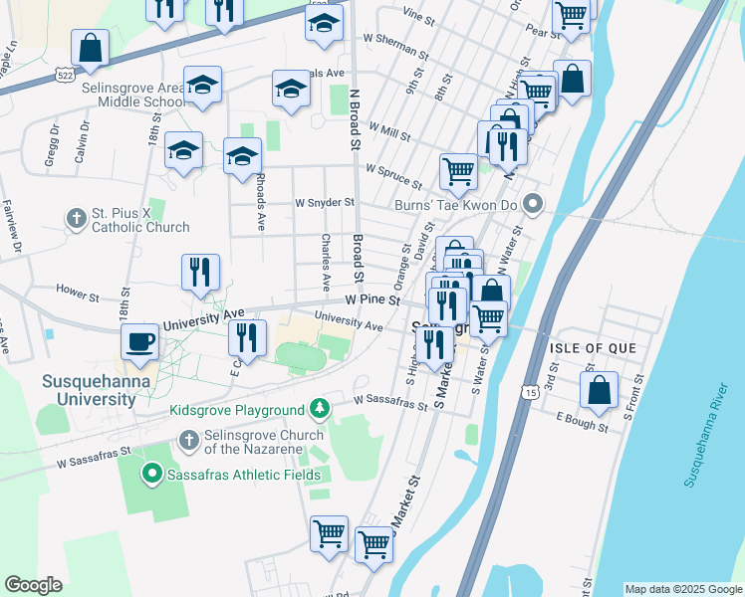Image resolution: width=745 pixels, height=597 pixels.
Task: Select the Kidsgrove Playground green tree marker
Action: pyautogui.click(x=319, y=409)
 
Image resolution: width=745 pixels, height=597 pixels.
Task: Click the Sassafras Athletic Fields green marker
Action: pyautogui.click(x=152, y=475)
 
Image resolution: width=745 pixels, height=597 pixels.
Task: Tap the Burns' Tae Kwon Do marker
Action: pyautogui.click(x=534, y=206)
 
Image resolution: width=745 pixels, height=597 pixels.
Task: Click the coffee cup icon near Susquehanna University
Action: pyautogui.click(x=139, y=341)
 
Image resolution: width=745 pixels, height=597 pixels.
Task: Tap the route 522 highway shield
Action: pyautogui.click(x=65, y=75)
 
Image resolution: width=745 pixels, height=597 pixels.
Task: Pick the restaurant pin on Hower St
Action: pyautogui.click(x=201, y=272)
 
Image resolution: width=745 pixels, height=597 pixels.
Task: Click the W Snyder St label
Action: pyautogui.click(x=325, y=202)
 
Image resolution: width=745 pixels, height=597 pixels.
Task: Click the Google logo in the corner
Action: pyautogui.click(x=34, y=585)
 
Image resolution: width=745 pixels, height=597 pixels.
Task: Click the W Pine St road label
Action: pyautogui.click(x=372, y=298)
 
